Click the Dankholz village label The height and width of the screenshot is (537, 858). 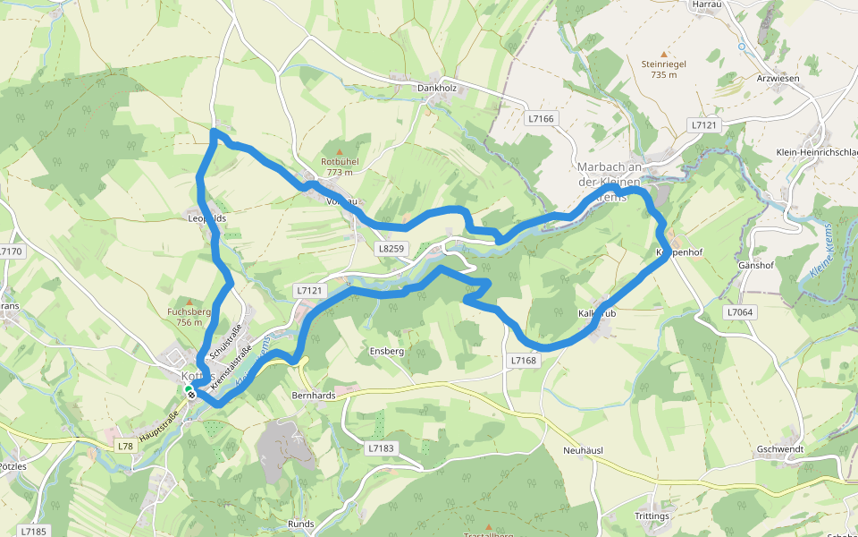[x=437, y=88]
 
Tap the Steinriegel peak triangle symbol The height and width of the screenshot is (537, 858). [x=663, y=54]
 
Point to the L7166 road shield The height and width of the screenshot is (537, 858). [x=541, y=118]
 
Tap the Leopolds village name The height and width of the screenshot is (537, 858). [x=206, y=218]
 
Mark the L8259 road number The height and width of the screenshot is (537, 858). [x=391, y=248]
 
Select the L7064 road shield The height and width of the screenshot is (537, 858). [x=740, y=312]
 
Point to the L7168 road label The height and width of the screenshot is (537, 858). [x=524, y=360]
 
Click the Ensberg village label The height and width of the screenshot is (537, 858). [x=387, y=352]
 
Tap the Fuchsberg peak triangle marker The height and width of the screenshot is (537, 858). [x=188, y=302]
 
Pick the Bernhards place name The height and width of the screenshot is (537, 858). [x=313, y=394]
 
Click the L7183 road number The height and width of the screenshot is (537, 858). [x=380, y=447]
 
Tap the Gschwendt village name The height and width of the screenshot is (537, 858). [x=779, y=449]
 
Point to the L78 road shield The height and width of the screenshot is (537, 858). [x=124, y=446]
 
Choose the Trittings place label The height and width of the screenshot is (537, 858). [x=652, y=517]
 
